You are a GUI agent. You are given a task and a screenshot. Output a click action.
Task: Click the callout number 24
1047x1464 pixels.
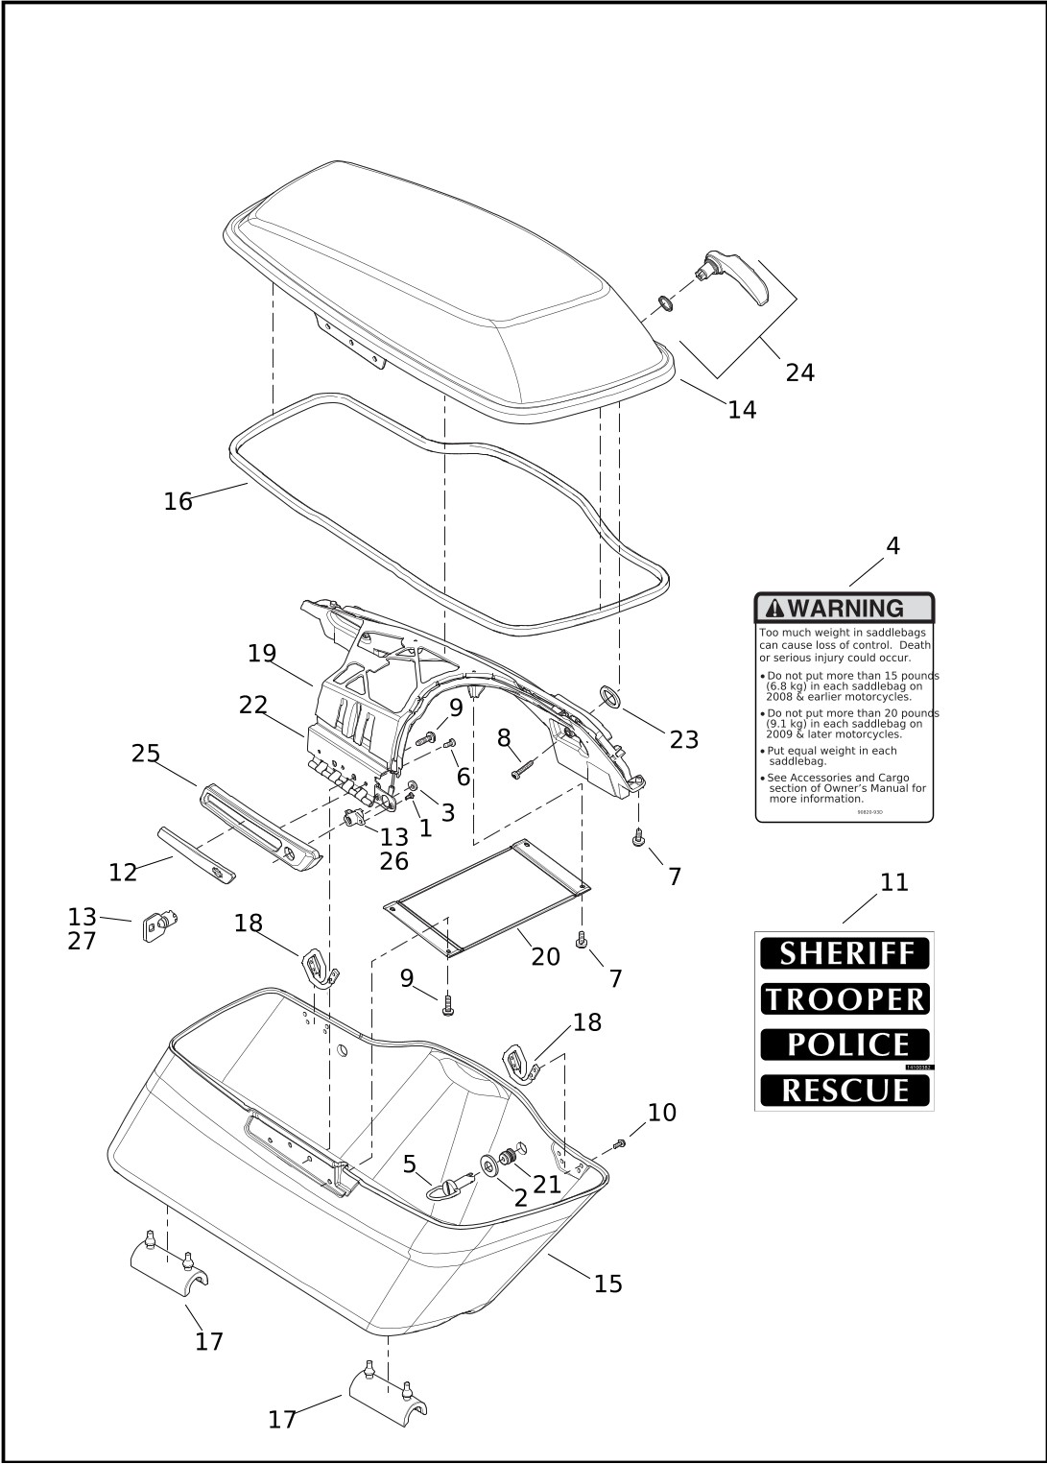click(799, 372)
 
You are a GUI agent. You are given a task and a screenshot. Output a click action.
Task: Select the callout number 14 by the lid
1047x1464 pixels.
click(742, 410)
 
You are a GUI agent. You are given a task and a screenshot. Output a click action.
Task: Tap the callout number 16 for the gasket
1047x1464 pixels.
click(178, 501)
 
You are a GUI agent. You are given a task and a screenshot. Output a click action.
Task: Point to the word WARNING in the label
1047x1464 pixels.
click(845, 609)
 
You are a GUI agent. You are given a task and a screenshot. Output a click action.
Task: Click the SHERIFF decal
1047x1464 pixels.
click(845, 953)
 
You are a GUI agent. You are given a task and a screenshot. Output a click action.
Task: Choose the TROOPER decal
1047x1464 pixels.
click(845, 999)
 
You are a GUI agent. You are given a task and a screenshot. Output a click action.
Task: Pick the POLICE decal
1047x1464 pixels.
click(845, 1044)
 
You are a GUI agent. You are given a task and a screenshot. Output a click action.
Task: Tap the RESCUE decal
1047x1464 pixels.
click(845, 1091)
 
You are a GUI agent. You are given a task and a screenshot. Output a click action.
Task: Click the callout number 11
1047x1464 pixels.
click(893, 882)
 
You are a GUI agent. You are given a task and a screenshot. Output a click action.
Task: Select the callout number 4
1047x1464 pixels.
click(892, 546)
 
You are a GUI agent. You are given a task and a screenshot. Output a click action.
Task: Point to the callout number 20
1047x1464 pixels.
click(545, 957)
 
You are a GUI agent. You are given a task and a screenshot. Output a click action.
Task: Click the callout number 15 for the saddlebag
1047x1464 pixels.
click(607, 1284)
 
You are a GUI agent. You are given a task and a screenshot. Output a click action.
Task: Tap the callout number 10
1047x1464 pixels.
click(661, 1113)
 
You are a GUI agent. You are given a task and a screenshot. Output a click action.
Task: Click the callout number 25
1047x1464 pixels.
click(146, 754)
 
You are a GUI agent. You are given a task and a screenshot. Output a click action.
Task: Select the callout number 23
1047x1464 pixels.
click(683, 740)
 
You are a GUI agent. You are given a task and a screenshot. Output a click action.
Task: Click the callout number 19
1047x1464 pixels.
click(262, 654)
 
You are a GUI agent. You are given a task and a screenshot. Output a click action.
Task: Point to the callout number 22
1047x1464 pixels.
click(253, 706)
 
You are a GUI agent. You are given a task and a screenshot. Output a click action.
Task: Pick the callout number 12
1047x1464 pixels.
click(123, 873)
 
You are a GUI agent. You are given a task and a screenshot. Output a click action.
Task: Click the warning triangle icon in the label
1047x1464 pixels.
click(774, 609)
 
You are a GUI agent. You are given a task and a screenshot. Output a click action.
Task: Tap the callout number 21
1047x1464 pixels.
click(547, 1186)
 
